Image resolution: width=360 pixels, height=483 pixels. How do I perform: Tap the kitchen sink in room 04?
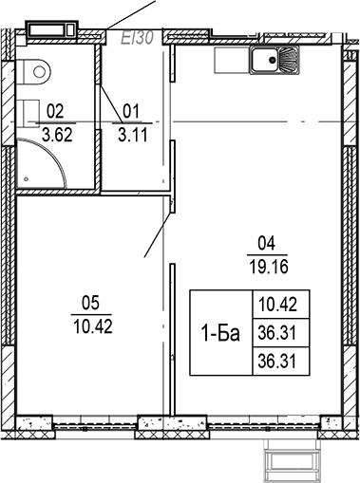click(x=275, y=62)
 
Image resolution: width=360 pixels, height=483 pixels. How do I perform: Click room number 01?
click(x=132, y=109)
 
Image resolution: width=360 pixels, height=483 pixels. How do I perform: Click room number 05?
click(x=91, y=304)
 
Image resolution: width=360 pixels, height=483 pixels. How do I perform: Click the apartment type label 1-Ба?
click(x=219, y=333)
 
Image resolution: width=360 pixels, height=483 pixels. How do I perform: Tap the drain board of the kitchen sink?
click(x=290, y=62)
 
